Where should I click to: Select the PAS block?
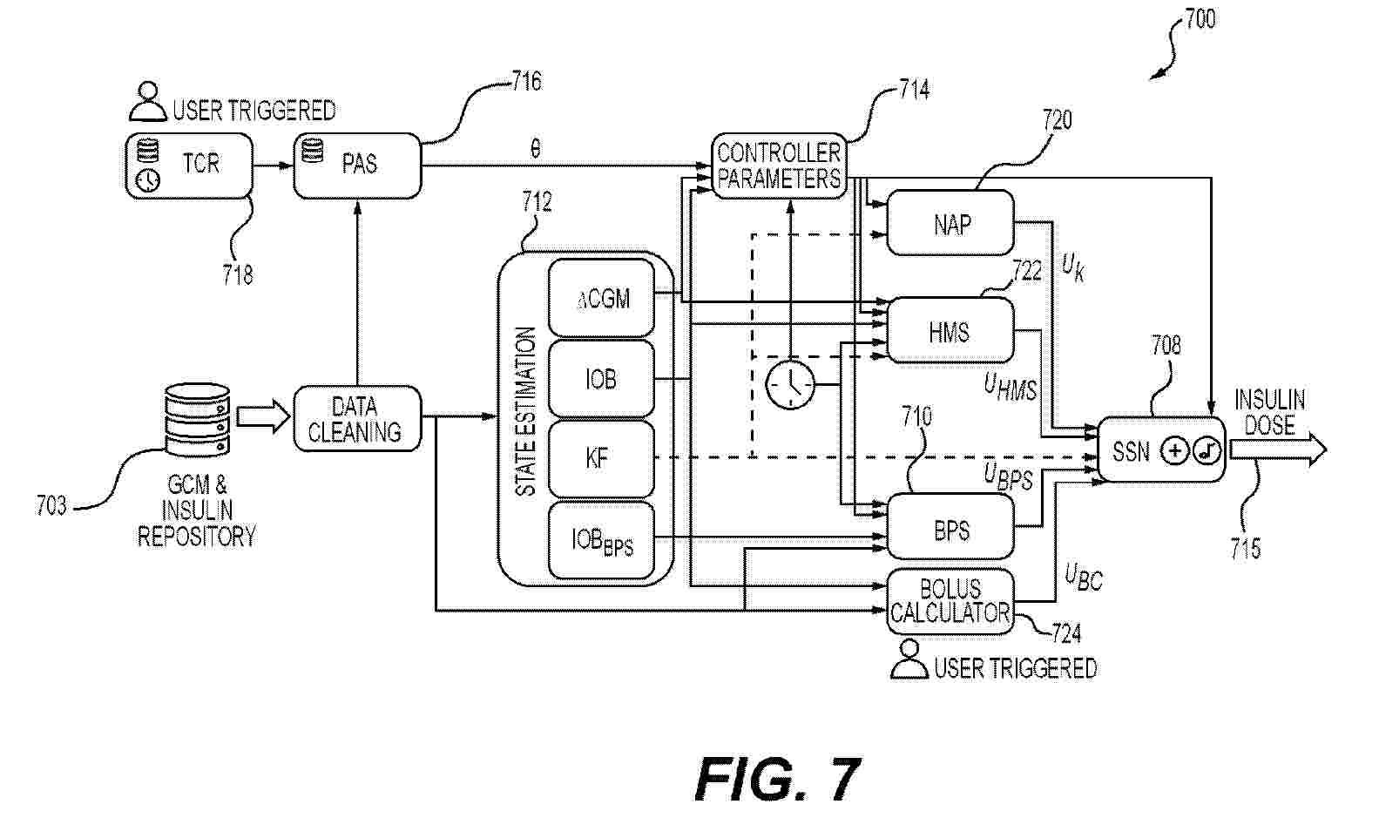tap(357, 166)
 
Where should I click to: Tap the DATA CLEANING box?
tap(357, 419)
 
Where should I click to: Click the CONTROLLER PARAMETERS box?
tap(778, 166)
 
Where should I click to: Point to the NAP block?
tap(950, 224)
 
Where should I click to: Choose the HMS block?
tap(950, 331)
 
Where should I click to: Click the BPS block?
tap(950, 528)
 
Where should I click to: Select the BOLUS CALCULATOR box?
tap(950, 601)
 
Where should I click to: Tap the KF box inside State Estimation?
tap(600, 459)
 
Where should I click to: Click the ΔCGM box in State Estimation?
tap(601, 299)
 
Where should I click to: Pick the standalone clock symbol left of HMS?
tap(790, 384)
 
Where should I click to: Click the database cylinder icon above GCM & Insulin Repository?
tap(197, 421)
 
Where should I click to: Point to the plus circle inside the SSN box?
tap(1175, 450)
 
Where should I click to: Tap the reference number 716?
tap(525, 82)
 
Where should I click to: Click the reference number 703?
tap(51, 505)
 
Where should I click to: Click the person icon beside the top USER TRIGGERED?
tap(148, 102)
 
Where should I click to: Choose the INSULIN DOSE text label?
tap(1269, 413)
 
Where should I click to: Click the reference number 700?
tap(1200, 19)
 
